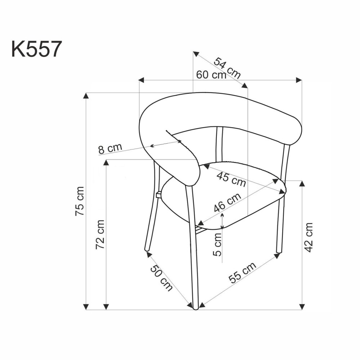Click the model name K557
(x=35, y=49)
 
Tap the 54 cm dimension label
(x=227, y=67)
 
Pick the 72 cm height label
(x=101, y=234)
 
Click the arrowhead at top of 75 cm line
(x=86, y=95)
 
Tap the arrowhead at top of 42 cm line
(x=302, y=183)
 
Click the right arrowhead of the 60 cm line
(x=299, y=80)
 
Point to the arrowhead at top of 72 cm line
(x=106, y=162)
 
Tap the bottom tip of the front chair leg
(x=195, y=308)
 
